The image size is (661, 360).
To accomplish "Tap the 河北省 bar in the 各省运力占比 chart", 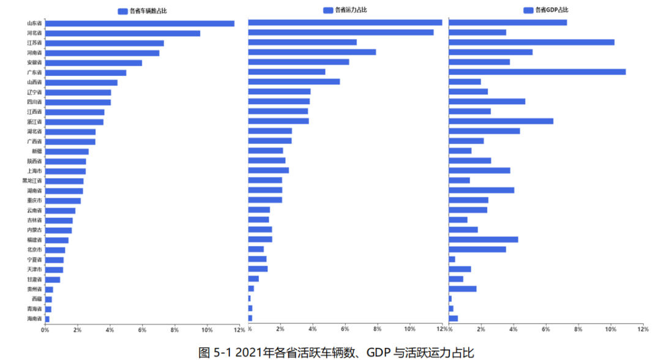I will [340, 32].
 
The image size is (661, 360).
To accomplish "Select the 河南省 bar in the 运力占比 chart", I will [312, 52].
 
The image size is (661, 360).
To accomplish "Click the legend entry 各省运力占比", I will [345, 10].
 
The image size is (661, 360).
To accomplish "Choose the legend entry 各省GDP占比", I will [546, 10].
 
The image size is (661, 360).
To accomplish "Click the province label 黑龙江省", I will [32, 181].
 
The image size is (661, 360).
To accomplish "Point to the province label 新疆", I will [37, 151].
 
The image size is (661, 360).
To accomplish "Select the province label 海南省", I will [34, 319].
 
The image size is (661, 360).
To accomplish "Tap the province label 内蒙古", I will [34, 230].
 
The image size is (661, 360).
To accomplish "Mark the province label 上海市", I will [34, 171].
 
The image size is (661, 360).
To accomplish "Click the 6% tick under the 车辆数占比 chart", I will [142, 330].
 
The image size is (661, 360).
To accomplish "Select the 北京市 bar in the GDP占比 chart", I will [477, 249].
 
